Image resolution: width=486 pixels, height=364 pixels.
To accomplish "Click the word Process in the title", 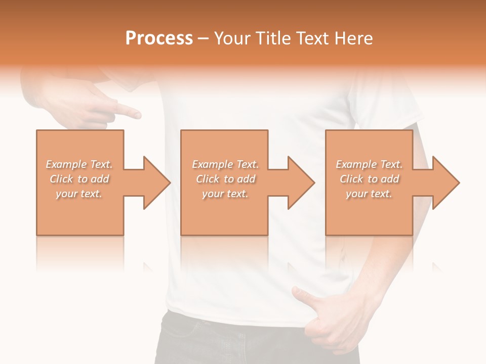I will point(159,38).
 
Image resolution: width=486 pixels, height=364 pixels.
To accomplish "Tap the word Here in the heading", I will point(354,38).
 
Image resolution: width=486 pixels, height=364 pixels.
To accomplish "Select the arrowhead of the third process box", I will point(445,183).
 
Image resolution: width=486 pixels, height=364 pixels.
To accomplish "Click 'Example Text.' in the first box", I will point(79,164).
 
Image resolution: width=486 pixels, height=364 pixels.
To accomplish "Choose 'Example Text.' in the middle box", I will point(225,164).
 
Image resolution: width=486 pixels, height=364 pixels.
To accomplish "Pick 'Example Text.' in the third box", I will point(369,164).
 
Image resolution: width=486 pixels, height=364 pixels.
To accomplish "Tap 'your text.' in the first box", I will point(79,194).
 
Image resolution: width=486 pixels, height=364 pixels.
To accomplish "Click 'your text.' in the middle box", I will point(225,194).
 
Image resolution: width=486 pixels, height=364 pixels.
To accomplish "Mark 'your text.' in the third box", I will point(369,194).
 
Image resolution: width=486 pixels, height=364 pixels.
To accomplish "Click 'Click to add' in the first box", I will point(79,179).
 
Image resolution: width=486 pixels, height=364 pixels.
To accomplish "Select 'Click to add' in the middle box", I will point(225,179).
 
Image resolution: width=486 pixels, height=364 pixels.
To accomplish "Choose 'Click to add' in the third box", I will point(369,179).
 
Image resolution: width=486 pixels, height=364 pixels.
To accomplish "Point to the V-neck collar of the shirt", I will point(133,86).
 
